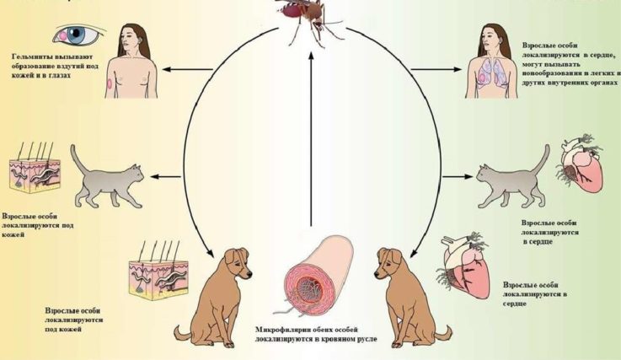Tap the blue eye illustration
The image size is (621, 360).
[78, 34]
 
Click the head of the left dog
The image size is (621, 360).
[237, 264]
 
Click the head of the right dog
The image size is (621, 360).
[390, 264]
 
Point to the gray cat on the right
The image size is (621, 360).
[513, 179]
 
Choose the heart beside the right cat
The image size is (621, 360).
[581, 164]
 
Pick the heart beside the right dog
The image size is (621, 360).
[465, 266]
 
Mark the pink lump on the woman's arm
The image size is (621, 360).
[110, 84]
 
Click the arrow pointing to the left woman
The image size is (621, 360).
[188, 69]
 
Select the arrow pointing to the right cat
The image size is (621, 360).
[458, 176]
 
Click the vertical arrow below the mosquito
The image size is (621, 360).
[311, 139]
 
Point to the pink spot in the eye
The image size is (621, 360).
[63, 35]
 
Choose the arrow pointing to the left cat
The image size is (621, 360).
[165, 176]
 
